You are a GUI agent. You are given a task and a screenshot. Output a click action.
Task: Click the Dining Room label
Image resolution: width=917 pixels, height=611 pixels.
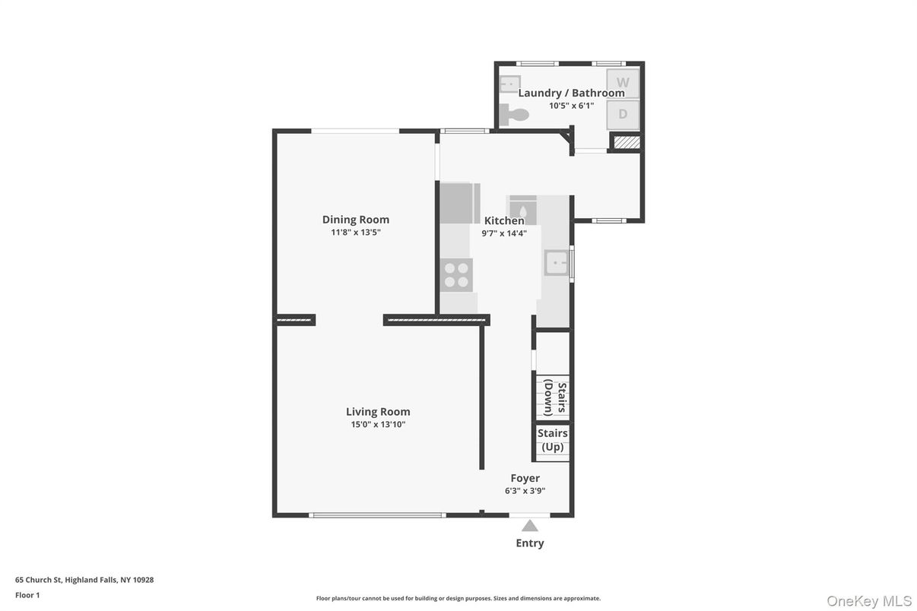point(355,220)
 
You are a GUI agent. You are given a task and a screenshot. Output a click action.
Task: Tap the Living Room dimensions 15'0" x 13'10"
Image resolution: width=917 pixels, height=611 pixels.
point(378,425)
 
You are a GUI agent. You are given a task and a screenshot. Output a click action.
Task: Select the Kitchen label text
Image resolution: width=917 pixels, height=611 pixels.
point(504,220)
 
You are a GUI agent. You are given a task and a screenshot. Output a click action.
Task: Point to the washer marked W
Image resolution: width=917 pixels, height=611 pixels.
point(623,83)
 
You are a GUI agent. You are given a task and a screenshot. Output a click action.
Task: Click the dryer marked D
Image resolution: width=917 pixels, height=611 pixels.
point(623,115)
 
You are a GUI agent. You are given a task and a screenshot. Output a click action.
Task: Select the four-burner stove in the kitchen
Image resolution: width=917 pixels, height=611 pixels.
point(456,274)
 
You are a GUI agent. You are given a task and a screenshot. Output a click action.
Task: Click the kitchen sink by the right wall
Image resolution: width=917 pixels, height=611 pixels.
point(557,263)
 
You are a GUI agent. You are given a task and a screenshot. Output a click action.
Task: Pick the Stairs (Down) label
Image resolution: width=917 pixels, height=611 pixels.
point(555,397)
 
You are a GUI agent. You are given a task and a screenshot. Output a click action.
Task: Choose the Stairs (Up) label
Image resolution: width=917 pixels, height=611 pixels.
point(553,440)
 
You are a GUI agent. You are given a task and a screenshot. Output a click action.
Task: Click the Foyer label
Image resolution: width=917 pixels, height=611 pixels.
point(525,478)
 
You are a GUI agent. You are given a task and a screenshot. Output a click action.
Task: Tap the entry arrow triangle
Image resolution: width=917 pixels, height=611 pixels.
point(530,526)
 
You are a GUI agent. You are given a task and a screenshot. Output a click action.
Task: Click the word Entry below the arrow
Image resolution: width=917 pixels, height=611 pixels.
point(530,543)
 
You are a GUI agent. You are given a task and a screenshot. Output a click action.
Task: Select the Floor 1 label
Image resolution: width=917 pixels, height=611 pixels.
point(27,595)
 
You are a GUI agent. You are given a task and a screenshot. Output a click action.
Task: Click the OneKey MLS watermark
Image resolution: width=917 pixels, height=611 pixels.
point(868,601)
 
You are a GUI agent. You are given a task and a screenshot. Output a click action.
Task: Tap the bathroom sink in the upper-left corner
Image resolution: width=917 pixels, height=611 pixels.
point(510,83)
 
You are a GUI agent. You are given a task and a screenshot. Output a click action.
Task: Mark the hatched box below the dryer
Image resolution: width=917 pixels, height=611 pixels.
point(627,142)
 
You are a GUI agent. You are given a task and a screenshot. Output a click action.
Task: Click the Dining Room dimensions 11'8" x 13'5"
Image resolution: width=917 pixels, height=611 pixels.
point(355,233)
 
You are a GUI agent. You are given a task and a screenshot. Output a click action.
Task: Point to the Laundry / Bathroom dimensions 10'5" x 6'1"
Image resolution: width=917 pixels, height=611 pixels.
point(571,106)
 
